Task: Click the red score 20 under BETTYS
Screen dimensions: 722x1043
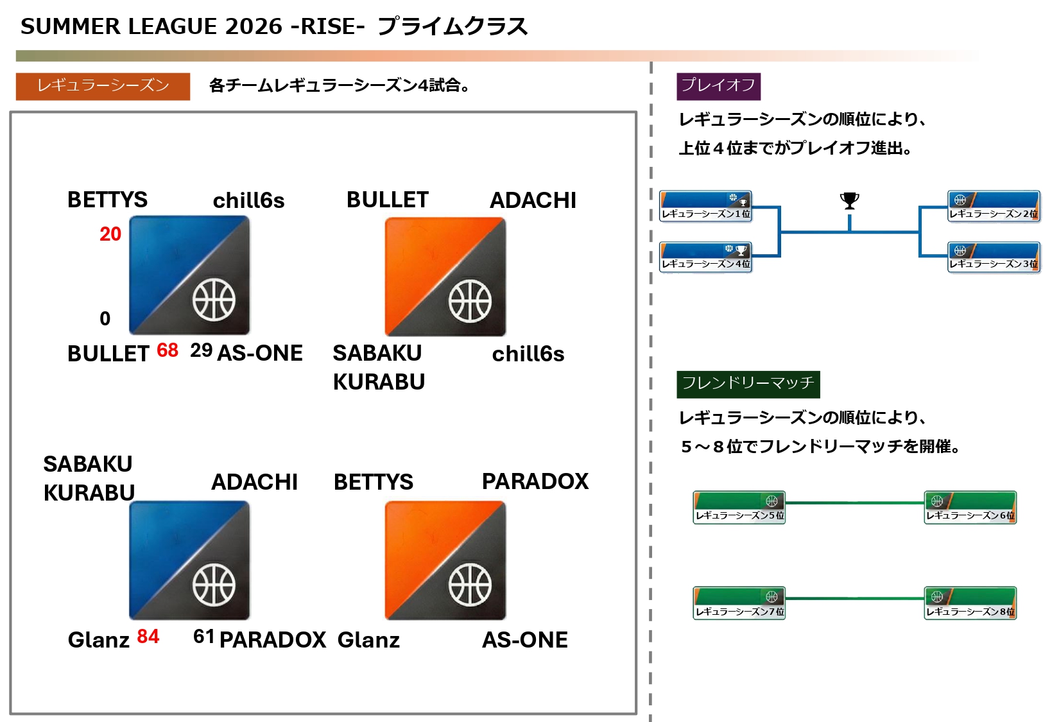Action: tap(110, 234)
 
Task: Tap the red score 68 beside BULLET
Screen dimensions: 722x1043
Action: tap(168, 350)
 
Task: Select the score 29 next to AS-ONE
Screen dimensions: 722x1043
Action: tap(201, 350)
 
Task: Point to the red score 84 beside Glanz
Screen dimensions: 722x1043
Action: tap(148, 637)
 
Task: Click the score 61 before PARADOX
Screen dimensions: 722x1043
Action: tap(203, 637)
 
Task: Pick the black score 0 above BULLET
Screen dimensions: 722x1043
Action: tap(105, 318)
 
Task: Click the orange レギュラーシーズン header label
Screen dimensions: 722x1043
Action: tap(103, 86)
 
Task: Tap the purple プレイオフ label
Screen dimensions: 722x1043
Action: tap(718, 86)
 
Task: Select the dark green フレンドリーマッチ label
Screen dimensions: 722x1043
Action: tap(748, 384)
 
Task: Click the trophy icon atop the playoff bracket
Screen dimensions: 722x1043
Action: tap(849, 201)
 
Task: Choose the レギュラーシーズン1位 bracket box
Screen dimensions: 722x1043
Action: tap(705, 206)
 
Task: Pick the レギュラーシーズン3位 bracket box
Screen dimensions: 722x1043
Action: tap(994, 257)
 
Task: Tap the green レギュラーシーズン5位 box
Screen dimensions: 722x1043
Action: tap(739, 508)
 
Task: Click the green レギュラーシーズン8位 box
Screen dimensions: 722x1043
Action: tap(970, 603)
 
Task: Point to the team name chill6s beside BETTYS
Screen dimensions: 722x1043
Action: tap(248, 201)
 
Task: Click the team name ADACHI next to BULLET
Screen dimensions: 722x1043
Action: tap(533, 200)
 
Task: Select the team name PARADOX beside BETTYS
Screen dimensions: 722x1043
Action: tap(535, 481)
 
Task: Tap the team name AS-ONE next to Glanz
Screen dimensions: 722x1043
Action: tap(524, 640)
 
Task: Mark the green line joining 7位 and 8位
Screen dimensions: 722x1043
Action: tap(854, 599)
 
